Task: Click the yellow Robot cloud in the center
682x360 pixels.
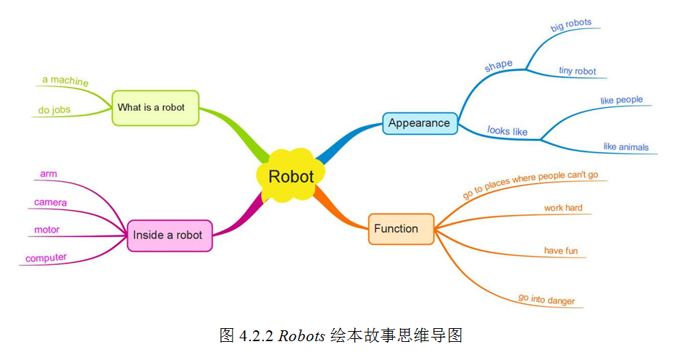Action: click(x=291, y=176)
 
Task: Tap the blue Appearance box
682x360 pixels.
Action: click(x=419, y=123)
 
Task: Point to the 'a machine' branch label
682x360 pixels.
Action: click(x=65, y=81)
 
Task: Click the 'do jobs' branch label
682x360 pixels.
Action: click(x=54, y=111)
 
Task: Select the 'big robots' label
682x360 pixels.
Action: click(x=571, y=25)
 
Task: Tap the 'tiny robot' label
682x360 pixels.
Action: click(x=577, y=71)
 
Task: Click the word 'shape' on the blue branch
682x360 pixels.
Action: click(x=498, y=65)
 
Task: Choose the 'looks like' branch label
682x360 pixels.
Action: click(x=507, y=131)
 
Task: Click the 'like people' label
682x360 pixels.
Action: click(x=621, y=100)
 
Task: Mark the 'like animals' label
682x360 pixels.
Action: click(x=625, y=147)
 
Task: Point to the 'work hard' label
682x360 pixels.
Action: click(x=563, y=208)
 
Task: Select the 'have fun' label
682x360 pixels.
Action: click(x=561, y=251)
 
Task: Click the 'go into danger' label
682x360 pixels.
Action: click(x=546, y=299)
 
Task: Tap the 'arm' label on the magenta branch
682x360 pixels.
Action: click(x=49, y=174)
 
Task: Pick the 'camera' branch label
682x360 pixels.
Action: click(x=50, y=202)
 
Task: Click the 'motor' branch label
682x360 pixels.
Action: click(x=47, y=230)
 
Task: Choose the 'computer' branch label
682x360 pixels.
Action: click(x=46, y=257)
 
